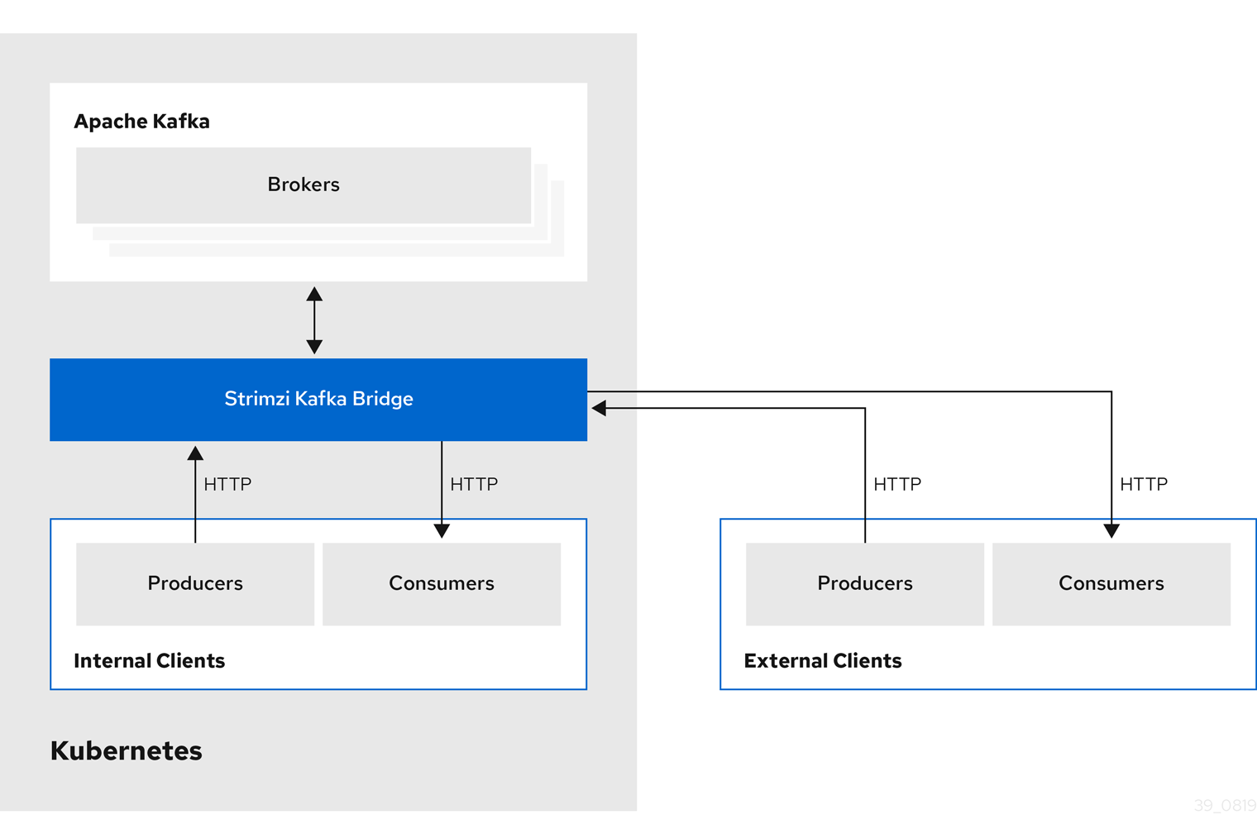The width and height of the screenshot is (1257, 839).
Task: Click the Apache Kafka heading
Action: point(141,122)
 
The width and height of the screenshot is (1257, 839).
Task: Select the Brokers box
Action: point(303,185)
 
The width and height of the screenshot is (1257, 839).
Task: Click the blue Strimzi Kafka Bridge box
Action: point(318,399)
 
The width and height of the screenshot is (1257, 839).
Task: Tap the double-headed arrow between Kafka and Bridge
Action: point(314,320)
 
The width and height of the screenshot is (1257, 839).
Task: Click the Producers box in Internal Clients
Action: point(195,583)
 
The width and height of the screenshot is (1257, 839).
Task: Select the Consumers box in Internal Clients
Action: point(442,583)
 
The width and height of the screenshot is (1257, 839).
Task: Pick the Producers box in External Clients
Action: point(864,583)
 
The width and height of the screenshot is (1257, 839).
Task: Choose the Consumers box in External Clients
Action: point(1111,583)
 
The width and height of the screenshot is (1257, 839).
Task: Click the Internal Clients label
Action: point(149,661)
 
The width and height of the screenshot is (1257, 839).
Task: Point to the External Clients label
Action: point(822,661)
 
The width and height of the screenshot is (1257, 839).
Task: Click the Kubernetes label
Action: point(126,750)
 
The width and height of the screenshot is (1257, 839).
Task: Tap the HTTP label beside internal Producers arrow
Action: point(227,484)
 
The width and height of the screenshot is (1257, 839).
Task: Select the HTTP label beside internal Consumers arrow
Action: point(474,484)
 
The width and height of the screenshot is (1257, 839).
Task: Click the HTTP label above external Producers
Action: point(897,484)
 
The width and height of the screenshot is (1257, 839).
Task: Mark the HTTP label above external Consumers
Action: point(1144,484)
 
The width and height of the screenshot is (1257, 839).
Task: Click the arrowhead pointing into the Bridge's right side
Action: point(599,408)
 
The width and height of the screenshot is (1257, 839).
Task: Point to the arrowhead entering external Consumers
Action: point(1111,530)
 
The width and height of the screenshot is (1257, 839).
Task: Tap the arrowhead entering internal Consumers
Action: point(442,530)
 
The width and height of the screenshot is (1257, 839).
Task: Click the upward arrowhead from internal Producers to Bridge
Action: point(195,453)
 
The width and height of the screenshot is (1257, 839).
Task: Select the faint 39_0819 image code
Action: point(1225,805)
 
